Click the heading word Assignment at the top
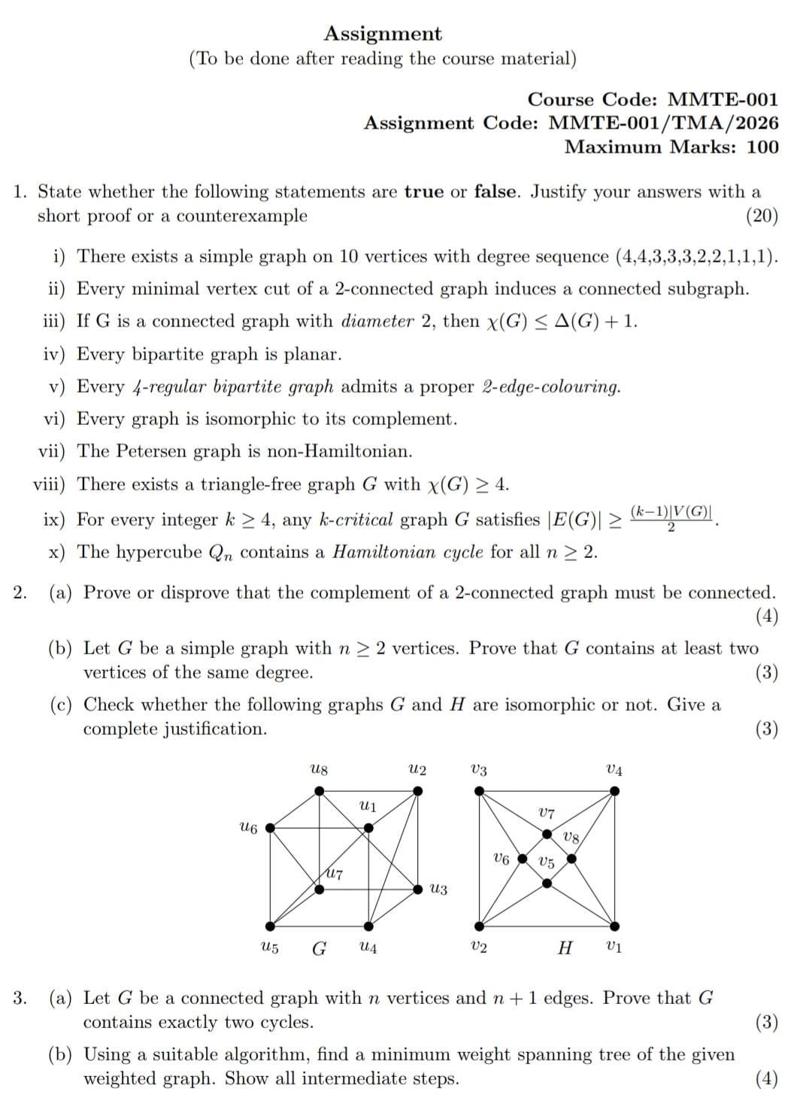383,34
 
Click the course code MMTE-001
723,100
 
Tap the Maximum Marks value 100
762,147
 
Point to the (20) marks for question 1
762,217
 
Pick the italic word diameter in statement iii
377,322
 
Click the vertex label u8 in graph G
319,770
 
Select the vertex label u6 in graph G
247,828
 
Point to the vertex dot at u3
418,889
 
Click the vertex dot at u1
368,828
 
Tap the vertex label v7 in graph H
547,814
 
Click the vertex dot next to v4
614,791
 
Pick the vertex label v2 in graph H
478,947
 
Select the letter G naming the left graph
319,948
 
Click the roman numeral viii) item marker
49,484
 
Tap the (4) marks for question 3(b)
766,1079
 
